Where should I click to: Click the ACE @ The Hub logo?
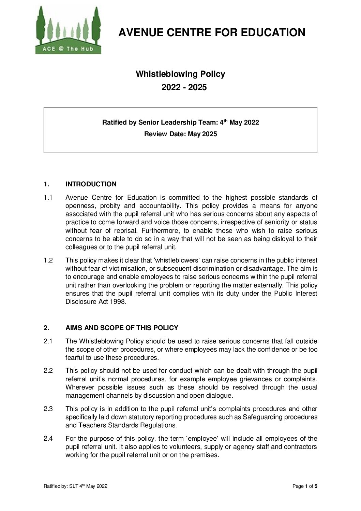pyautogui.click(x=69, y=30)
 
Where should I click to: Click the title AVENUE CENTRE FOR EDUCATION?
pyautogui.click(x=212, y=32)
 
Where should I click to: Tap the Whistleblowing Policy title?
pyautogui.click(x=180, y=74)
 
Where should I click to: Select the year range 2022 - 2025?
pyautogui.click(x=184, y=87)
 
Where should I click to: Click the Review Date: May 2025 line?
pyautogui.click(x=180, y=134)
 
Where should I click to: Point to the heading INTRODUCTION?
pyautogui.click(x=91, y=184)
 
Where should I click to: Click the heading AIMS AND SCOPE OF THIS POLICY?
pyautogui.click(x=122, y=328)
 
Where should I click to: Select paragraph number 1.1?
pyautogui.click(x=48, y=198)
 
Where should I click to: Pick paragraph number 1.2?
pyautogui.click(x=48, y=261)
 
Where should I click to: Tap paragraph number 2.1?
pyautogui.click(x=48, y=341)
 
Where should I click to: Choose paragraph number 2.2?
pyautogui.click(x=48, y=371)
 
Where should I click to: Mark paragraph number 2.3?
pyautogui.click(x=48, y=409)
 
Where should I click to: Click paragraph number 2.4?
pyautogui.click(x=48, y=439)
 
